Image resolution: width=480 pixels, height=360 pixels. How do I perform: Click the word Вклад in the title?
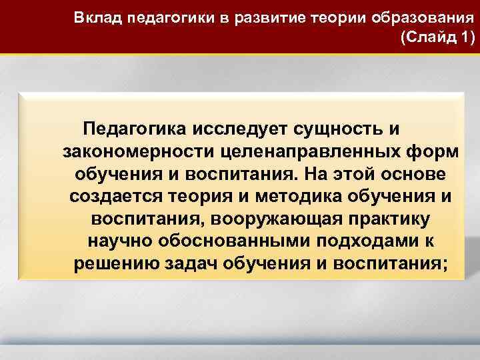pos(93,17)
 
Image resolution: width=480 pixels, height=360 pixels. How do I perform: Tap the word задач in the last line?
pos(203,265)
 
